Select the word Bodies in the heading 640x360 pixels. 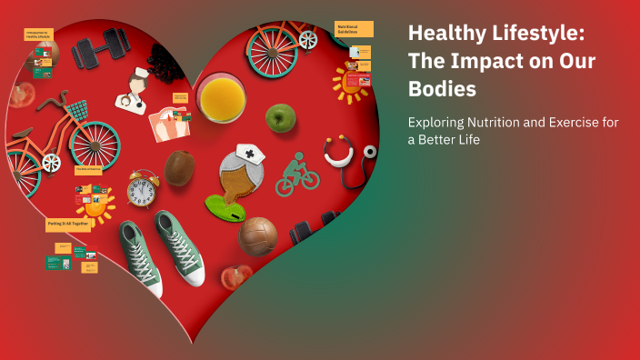tap(442, 91)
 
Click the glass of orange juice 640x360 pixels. tap(221, 98)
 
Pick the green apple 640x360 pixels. tap(280, 116)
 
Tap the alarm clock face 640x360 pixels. tap(142, 191)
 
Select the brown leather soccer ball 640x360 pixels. tap(258, 236)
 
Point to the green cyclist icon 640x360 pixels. tap(296, 174)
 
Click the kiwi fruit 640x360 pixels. tap(179, 168)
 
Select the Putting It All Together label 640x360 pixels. tap(68, 224)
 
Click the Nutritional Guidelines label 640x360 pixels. tap(354, 29)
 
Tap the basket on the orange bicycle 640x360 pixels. tap(78, 112)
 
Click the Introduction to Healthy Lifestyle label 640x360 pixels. tap(38, 35)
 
